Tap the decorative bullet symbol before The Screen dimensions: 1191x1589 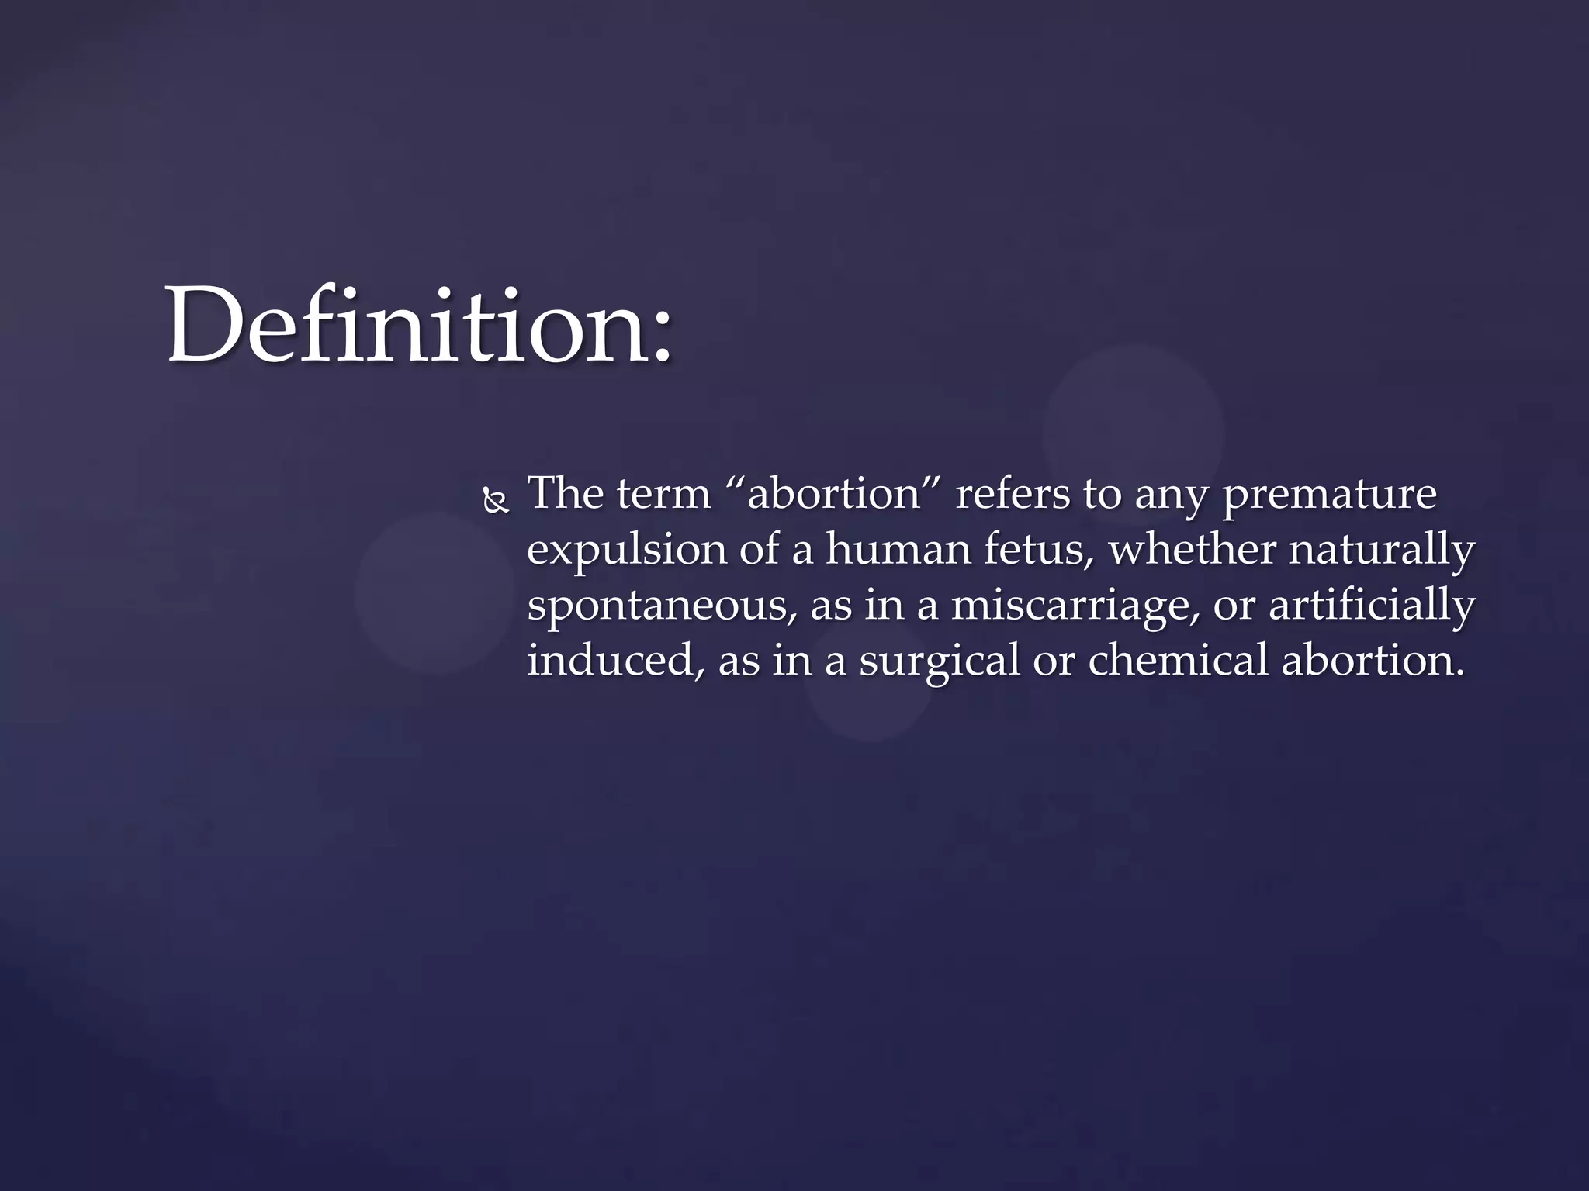(x=495, y=502)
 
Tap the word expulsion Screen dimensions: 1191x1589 (x=626, y=551)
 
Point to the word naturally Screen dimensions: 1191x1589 (x=1382, y=551)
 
